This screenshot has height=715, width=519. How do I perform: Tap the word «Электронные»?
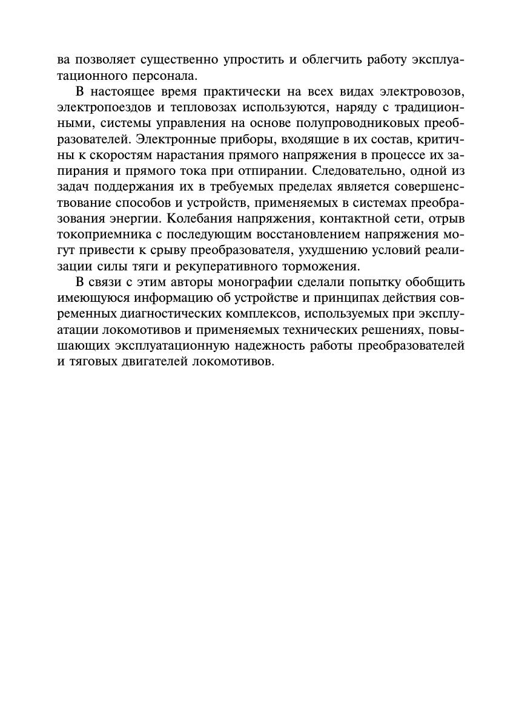click(x=175, y=139)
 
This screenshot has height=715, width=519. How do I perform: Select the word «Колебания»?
click(x=197, y=218)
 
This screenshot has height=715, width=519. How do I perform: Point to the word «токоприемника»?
click(x=100, y=233)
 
